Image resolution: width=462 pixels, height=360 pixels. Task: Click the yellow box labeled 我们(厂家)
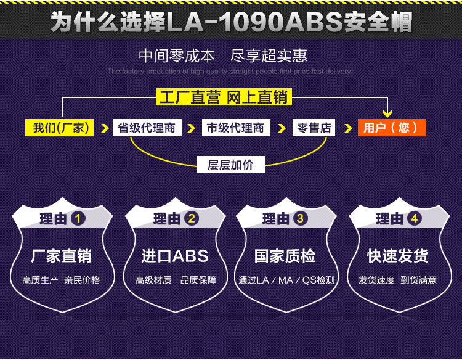(59, 128)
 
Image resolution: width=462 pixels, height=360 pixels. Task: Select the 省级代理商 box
(147, 128)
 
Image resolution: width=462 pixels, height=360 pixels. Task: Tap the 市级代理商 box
(236, 128)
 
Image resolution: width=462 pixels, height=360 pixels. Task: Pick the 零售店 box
(314, 128)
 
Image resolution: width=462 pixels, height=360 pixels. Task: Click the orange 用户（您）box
(392, 128)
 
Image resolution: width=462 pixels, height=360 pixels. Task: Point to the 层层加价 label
(231, 165)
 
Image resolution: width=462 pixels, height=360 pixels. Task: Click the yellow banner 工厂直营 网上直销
(224, 97)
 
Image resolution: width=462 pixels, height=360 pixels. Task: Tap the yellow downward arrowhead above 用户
(387, 113)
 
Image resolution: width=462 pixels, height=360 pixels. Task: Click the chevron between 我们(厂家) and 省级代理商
(105, 128)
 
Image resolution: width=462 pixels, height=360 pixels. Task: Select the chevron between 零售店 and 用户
(348, 128)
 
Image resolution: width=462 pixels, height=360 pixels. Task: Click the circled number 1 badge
(78, 219)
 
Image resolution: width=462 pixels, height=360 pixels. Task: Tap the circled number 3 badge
(300, 219)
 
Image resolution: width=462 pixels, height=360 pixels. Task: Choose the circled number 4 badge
(415, 219)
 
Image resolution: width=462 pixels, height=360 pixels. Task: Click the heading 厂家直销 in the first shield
(62, 256)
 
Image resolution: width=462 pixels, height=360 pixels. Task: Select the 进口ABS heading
(175, 256)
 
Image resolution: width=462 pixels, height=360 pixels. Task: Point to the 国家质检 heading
(285, 256)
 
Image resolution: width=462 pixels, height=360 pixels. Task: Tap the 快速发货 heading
(398, 256)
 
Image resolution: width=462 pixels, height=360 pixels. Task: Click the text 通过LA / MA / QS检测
(286, 280)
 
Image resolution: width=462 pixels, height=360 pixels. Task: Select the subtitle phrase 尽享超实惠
(269, 56)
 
